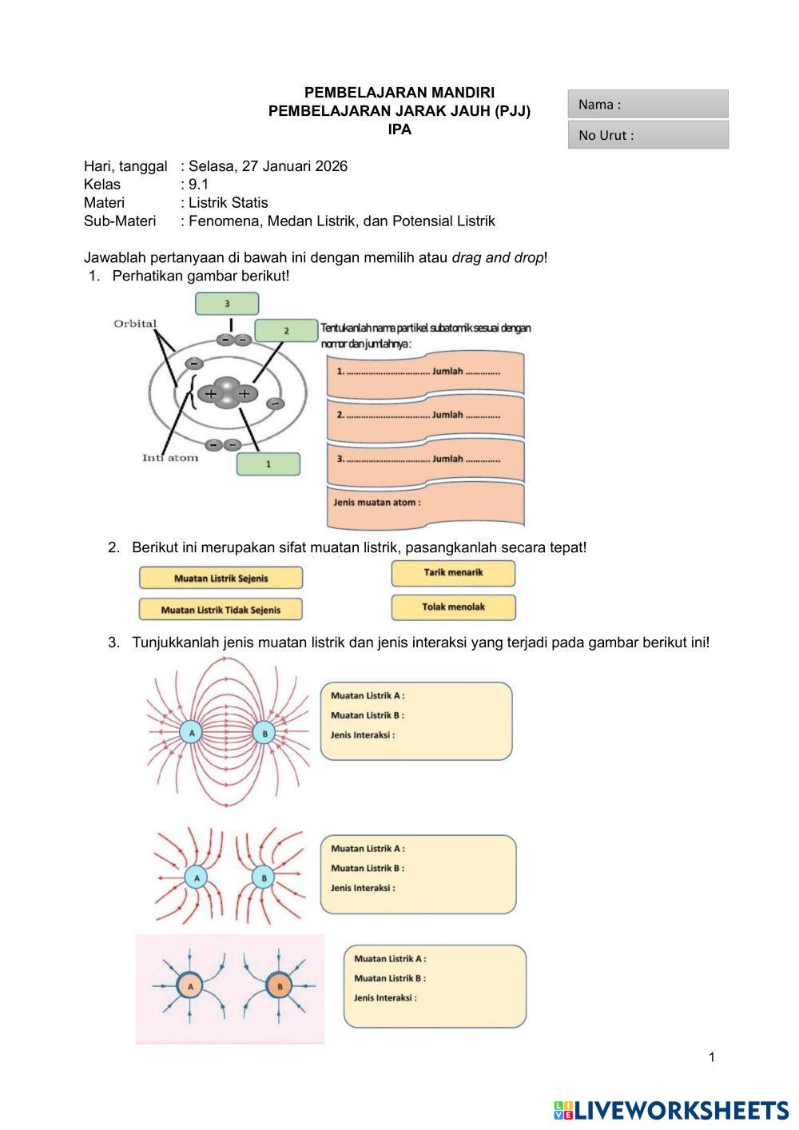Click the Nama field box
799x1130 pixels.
648,104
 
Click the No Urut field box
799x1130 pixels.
648,134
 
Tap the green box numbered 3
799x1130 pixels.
227,304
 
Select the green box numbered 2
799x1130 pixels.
286,330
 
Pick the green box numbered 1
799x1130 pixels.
268,464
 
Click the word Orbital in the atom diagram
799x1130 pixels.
135,324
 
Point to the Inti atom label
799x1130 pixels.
170,458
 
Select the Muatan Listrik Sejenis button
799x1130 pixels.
221,578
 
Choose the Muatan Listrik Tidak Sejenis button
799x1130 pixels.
221,610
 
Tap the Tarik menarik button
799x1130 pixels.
453,573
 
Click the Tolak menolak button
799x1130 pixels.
453,607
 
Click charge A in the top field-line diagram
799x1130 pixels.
190,732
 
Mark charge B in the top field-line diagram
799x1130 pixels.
264,732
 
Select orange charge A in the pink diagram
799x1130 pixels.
190,987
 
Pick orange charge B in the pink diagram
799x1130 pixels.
280,987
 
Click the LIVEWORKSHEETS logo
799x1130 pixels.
670,1110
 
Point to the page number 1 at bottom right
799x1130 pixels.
712,1057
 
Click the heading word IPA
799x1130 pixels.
399,129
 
